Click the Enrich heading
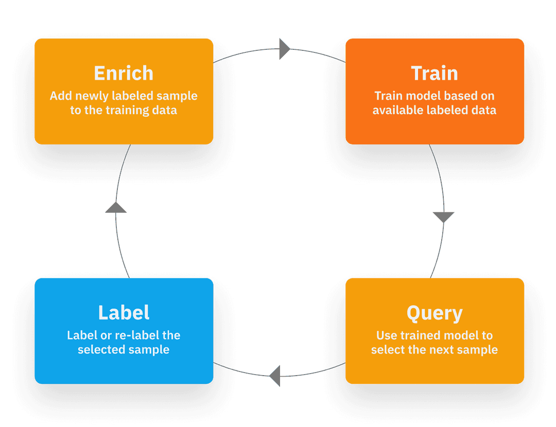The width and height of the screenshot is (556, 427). pyautogui.click(x=124, y=73)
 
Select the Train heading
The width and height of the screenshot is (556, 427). pyautogui.click(x=435, y=73)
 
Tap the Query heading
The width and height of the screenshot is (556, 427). pyautogui.click(x=435, y=313)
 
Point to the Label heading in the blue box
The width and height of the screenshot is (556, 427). pyautogui.click(x=124, y=313)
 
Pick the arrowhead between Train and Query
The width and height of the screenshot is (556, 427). pyautogui.click(x=443, y=217)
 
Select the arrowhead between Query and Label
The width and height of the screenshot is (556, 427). pyautogui.click(x=275, y=375)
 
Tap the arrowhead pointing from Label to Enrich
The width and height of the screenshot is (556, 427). pyautogui.click(x=115, y=207)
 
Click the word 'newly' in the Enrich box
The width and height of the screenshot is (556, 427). pyautogui.click(x=92, y=96)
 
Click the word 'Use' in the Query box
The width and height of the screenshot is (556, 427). pyautogui.click(x=386, y=336)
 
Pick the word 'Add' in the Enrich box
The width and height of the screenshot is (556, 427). pyautogui.click(x=60, y=96)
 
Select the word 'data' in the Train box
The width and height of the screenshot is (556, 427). pyautogui.click(x=484, y=110)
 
